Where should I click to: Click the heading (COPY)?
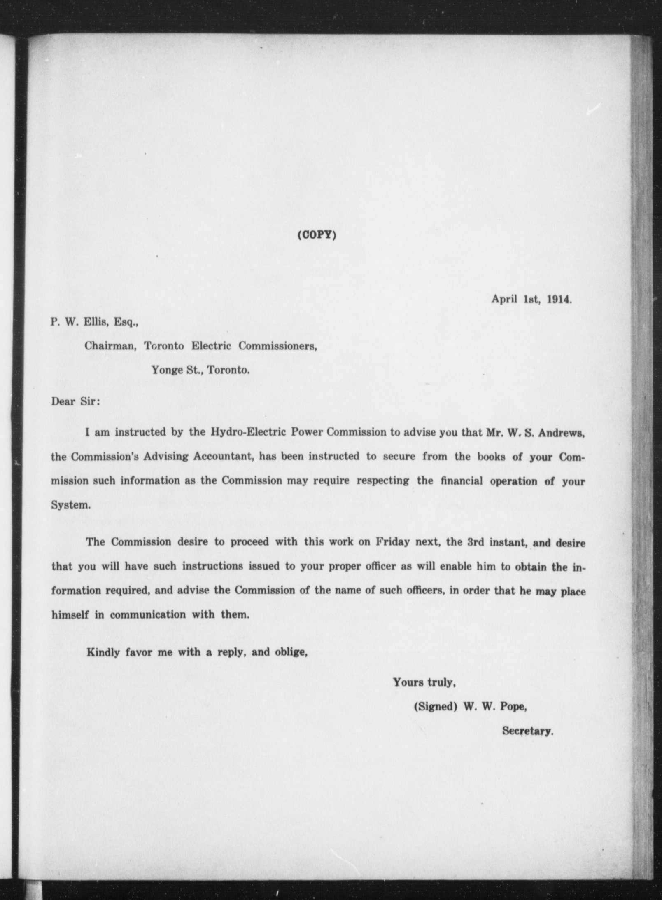tap(317, 235)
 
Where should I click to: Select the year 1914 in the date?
tap(559, 300)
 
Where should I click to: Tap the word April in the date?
tap(504, 300)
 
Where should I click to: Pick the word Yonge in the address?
tap(166, 370)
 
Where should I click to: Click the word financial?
tap(461, 481)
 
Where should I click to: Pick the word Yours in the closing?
tap(408, 682)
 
